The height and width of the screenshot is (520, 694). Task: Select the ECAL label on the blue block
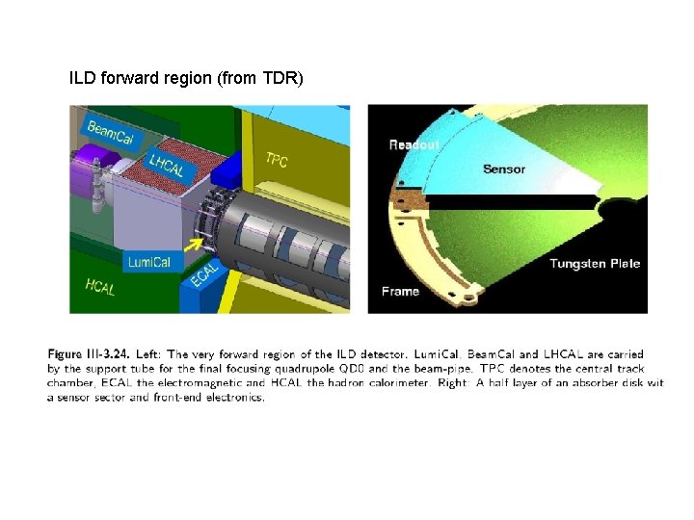(x=205, y=275)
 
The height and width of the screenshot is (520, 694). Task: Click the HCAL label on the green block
(x=99, y=286)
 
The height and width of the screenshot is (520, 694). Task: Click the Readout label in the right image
(x=414, y=144)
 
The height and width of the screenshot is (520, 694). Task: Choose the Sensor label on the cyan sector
(x=503, y=169)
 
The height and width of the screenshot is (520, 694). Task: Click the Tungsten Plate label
(x=595, y=263)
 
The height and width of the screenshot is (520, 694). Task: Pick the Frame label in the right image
(x=400, y=291)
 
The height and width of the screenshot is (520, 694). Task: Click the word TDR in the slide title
(x=277, y=76)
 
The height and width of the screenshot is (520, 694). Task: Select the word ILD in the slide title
(x=82, y=76)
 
